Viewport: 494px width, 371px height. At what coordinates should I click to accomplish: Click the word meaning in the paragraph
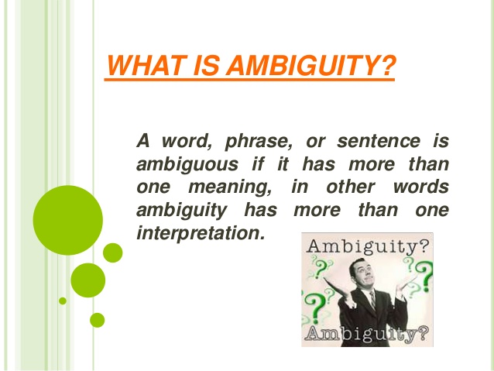233,187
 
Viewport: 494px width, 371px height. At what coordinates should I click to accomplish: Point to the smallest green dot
63,301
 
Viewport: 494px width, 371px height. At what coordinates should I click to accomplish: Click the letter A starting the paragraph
142,142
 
